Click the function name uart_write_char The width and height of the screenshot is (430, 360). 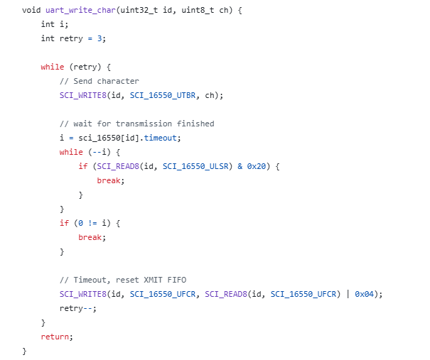tap(80, 10)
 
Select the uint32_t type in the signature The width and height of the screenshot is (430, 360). tap(139, 10)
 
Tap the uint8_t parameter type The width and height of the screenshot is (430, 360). tap(198, 10)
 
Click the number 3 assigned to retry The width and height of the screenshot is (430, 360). tap(100, 38)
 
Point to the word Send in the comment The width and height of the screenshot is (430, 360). tap(83, 81)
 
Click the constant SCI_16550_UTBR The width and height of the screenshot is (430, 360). tap(163, 95)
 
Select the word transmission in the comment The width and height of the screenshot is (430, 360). tap(144, 124)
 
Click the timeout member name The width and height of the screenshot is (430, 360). tap(161, 138)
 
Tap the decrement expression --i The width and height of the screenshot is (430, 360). tap(100, 152)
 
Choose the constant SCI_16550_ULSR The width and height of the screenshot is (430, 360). tap(195, 166)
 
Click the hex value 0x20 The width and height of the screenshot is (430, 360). tap(257, 166)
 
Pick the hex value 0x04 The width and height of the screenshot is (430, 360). tap(364, 294)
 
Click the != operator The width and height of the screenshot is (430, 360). tap(92, 223)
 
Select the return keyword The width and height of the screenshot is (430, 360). tap(55, 337)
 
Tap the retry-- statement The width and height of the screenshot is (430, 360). tap(78, 308)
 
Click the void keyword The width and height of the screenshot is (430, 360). tap(31, 10)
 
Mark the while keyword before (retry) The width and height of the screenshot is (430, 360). tap(53, 67)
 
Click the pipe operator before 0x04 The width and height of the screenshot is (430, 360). tap(348, 294)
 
